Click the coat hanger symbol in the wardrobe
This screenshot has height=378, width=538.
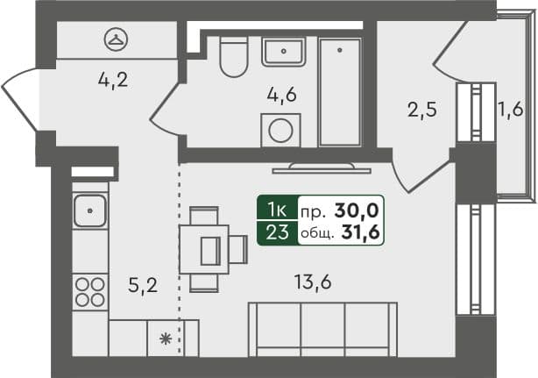click(116, 39)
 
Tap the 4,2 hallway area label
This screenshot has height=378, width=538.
click(113, 81)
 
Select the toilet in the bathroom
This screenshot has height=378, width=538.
click(234, 57)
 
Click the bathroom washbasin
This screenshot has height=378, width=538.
click(283, 52)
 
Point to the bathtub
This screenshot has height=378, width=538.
click(340, 92)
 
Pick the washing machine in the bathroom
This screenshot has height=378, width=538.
click(280, 131)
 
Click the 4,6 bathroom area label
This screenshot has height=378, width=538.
click(281, 95)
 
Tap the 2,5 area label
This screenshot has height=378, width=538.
click(422, 110)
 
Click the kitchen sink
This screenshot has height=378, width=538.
click(90, 210)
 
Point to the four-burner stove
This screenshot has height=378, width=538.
click(90, 292)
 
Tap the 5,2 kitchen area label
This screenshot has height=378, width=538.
click(143, 285)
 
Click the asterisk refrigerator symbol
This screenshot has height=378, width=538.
click(166, 339)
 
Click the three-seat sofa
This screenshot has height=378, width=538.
click(322, 330)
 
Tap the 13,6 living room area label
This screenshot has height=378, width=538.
click(313, 282)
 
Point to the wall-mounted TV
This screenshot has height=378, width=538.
click(322, 168)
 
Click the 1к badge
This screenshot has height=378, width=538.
click(278, 210)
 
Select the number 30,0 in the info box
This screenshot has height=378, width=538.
click(357, 210)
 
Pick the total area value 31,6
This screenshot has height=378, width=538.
click(360, 232)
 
